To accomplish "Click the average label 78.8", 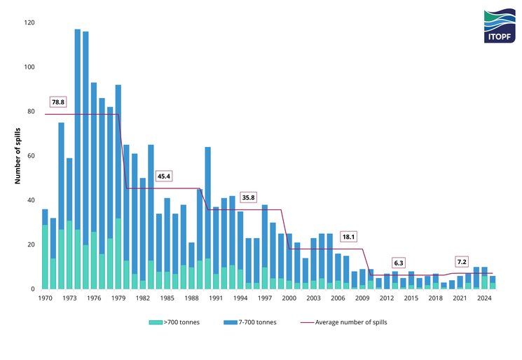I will [57, 102].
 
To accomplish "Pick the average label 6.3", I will [399, 263].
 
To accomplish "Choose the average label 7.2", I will [461, 261].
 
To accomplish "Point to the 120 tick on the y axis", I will [29, 23].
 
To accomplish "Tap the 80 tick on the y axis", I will [31, 111].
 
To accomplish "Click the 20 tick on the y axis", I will [31, 244].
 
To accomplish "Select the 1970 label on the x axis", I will [45, 298].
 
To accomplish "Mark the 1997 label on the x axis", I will [264, 298].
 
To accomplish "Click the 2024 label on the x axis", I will [483, 298].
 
